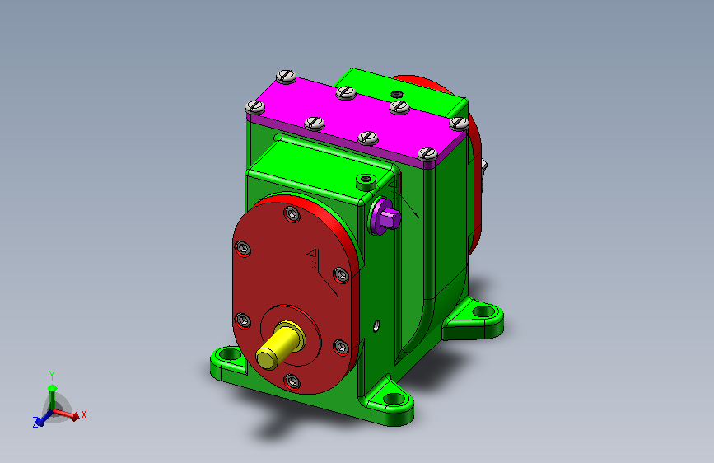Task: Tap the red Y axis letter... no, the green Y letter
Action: pos(51,375)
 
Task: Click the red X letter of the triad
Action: pos(84,414)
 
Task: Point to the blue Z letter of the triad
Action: pos(36,422)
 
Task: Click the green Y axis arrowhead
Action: pos(52,387)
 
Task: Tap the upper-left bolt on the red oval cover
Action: pos(242,249)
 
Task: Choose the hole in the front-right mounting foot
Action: pos(397,399)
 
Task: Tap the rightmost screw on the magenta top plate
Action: pos(457,122)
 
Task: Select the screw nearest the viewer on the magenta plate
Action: pos(427,153)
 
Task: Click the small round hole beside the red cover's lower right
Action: pos(376,324)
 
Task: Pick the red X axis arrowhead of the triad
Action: pos(76,417)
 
